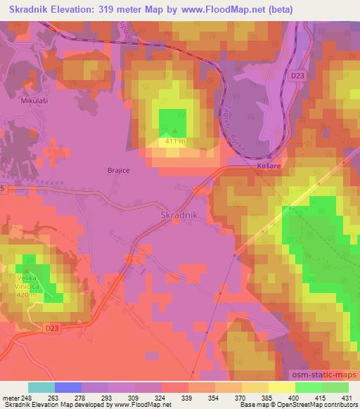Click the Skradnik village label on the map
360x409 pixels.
[182, 214]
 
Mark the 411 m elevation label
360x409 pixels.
[174, 141]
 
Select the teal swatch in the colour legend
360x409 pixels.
[41, 387]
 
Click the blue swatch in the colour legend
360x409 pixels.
[68, 387]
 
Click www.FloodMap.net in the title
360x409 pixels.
[214, 9]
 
